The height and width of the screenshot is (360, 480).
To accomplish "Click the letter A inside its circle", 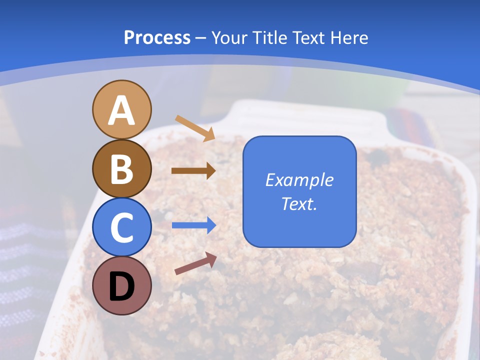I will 121,111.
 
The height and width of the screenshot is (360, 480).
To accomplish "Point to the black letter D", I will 121,286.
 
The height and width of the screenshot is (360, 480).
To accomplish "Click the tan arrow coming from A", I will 195,128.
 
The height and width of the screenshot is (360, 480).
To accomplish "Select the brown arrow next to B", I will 193,171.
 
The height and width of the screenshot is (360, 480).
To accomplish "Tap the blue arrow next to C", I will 194,225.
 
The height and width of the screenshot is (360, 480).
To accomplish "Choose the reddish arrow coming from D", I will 195,263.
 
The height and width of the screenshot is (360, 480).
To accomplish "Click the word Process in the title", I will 157,38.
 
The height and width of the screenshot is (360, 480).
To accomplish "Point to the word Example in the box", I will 299,180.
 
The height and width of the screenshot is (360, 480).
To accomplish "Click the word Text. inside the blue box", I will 299,204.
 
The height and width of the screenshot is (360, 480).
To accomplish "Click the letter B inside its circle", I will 121,169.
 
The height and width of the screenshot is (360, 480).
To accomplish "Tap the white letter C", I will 121,227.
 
